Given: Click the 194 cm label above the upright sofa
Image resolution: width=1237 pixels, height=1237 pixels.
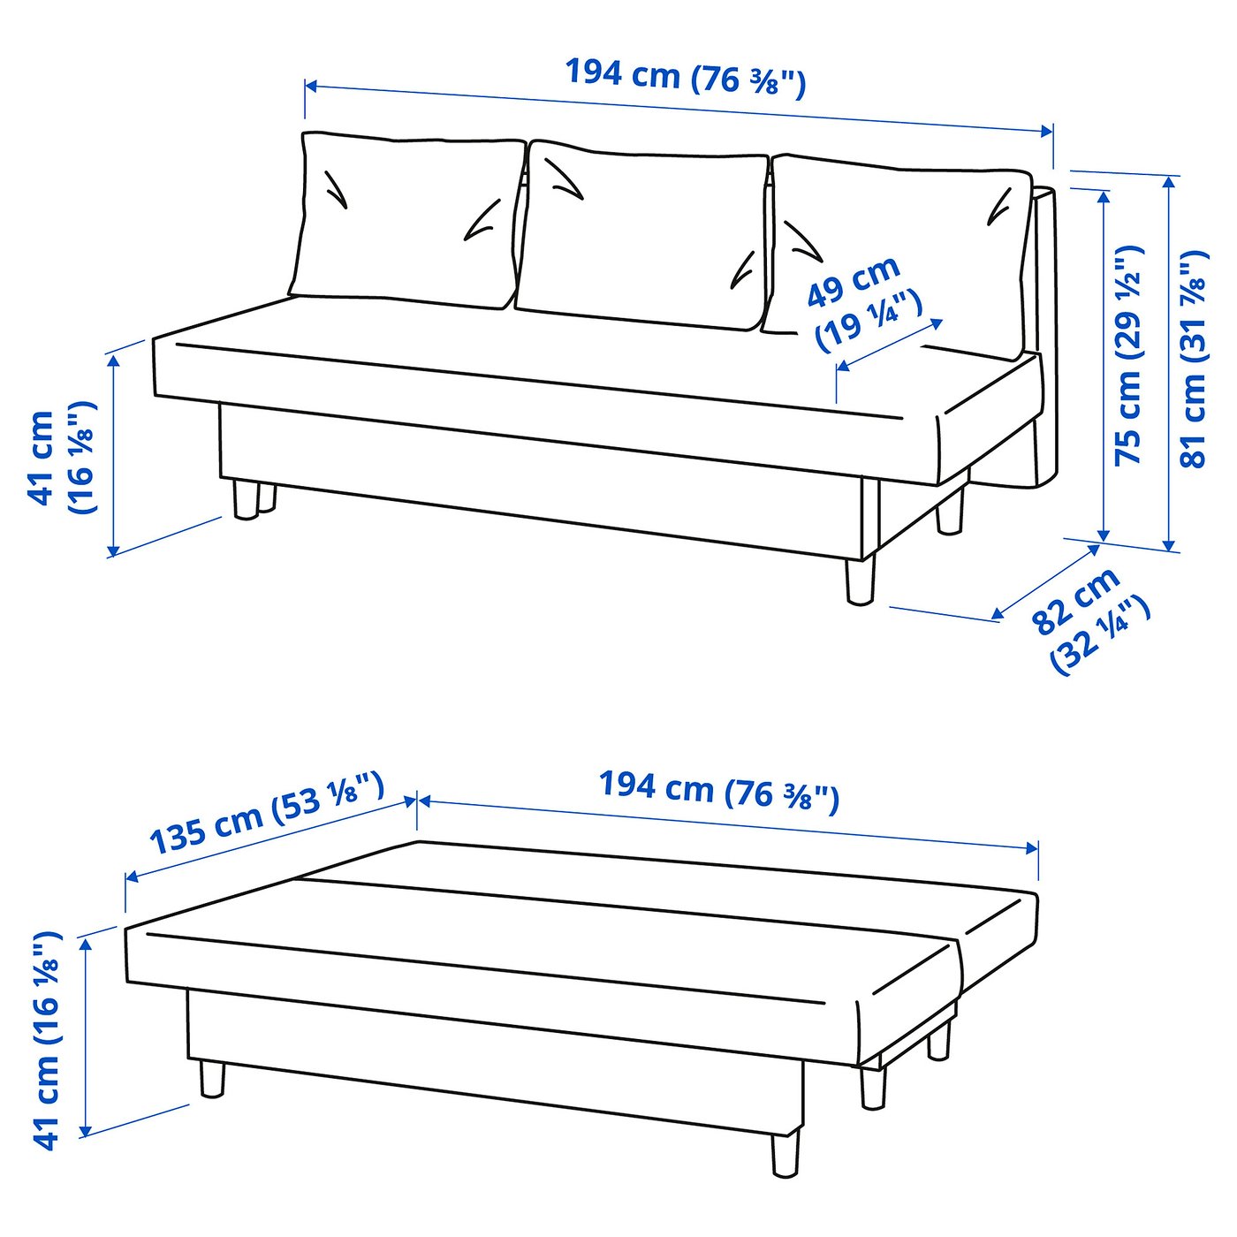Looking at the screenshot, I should (685, 77).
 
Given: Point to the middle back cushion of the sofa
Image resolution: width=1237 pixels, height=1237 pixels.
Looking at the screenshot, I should (641, 234).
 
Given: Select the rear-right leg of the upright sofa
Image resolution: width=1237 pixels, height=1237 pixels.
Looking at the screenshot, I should (951, 512).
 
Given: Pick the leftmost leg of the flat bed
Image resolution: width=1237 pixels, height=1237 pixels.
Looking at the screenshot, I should (212, 1079).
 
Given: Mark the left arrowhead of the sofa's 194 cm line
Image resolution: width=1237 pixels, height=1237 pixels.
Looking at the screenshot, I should (310, 87).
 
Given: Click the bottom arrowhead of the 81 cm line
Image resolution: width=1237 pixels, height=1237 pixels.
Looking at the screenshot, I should (1170, 544).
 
